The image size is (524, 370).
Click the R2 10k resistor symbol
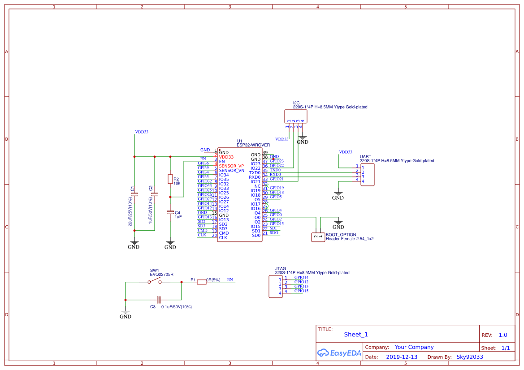click(170, 179)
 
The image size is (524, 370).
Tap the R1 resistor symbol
click(202, 282)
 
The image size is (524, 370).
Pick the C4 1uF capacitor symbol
click(170, 212)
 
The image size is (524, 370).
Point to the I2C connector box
click(296, 116)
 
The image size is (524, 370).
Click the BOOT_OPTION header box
click(318, 237)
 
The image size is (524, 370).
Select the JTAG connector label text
click(280, 268)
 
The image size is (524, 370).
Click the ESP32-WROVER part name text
click(253, 145)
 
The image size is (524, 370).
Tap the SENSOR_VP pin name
click(231, 166)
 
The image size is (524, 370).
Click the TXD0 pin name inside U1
click(255, 172)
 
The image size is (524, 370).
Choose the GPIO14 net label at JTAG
click(301, 277)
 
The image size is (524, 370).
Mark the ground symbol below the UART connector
click(338, 196)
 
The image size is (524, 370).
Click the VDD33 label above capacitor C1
click(142, 132)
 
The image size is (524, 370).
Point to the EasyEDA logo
click(339, 353)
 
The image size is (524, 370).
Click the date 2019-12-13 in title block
click(401, 357)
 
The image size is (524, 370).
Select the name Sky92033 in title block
click(470, 357)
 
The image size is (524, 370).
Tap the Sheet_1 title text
click(356, 335)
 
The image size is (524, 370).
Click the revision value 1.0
click(502, 335)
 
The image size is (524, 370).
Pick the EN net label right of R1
click(230, 280)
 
